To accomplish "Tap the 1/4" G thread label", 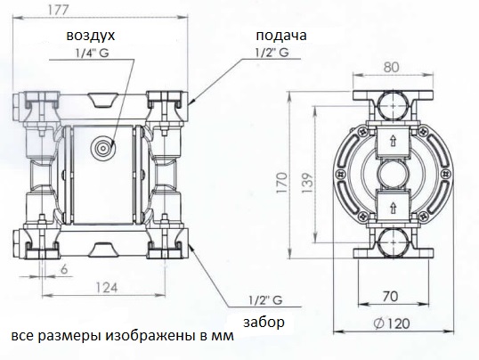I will point(92,53).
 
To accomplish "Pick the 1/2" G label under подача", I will point(272,53).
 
